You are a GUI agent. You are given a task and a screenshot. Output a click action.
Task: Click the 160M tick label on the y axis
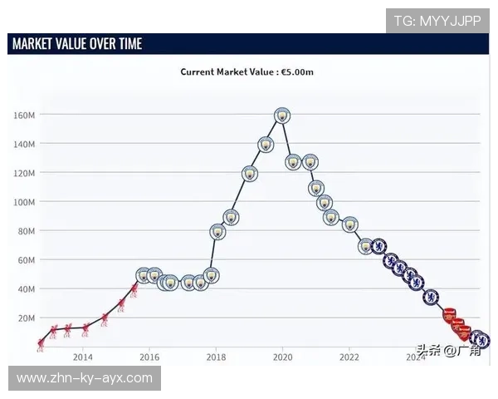24,115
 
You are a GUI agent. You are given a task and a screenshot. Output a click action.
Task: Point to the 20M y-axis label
26,318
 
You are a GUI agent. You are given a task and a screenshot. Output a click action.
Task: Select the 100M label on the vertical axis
24,202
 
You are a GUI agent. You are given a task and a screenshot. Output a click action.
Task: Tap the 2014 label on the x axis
82,357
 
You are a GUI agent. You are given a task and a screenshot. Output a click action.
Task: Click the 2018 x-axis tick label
216,357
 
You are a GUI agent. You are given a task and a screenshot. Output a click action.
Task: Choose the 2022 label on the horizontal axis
349,357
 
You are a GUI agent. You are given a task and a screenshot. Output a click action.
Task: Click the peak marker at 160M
282,116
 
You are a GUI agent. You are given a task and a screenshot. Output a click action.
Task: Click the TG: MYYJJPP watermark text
437,21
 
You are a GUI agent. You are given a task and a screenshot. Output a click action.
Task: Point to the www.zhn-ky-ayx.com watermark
85,378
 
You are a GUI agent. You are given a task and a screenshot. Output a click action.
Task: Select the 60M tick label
26,260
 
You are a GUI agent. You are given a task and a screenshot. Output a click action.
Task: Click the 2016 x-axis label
149,357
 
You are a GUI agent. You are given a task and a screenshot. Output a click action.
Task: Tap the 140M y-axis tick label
24,144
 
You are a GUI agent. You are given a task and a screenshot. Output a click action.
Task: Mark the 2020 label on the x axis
282,357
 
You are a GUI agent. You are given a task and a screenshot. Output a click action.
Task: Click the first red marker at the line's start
41,343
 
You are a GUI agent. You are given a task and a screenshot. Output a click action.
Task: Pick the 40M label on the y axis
26,289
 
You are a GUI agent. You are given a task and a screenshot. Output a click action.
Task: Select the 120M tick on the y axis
24,173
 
